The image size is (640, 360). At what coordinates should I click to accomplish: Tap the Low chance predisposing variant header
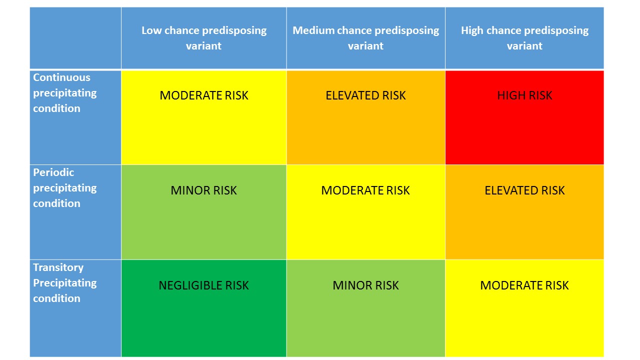203,38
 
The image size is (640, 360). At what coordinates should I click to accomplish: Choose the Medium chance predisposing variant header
365,38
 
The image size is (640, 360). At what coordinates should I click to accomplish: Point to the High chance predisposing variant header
524,38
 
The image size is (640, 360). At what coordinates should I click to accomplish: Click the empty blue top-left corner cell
75,38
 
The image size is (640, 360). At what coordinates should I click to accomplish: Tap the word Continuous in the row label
61,77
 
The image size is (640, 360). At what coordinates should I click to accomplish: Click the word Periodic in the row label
53,172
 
